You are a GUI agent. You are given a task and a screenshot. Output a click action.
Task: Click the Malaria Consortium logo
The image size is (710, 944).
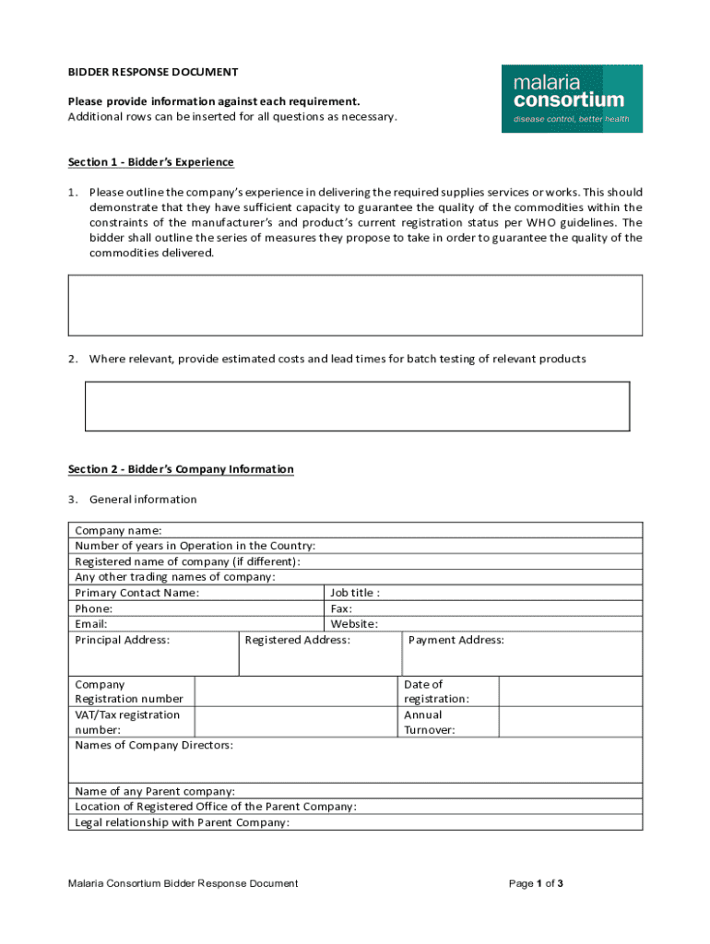point(572,99)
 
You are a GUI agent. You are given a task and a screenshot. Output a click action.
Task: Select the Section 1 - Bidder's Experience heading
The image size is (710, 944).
point(151,162)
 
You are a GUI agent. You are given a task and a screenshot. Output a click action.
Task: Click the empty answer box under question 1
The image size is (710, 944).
point(355,305)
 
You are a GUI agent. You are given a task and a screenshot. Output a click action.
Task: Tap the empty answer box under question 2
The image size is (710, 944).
point(357,407)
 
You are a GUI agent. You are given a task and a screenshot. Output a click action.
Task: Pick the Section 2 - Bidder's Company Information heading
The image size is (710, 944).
point(181,469)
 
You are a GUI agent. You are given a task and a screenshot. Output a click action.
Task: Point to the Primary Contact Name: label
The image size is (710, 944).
point(136,593)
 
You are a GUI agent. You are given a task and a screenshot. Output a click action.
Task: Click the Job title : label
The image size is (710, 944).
point(355,593)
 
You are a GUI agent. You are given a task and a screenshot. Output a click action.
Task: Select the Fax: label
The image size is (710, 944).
point(341,608)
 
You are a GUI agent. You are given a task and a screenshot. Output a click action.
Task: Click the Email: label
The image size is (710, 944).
point(91,624)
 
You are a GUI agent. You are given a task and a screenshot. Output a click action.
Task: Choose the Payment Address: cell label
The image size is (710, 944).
point(456,640)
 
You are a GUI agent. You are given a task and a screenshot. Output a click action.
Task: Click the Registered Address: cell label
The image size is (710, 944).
point(298,640)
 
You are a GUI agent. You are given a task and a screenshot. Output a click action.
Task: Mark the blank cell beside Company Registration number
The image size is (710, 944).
point(296,691)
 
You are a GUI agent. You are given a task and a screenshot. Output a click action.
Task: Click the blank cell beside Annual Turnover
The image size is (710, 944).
point(570,722)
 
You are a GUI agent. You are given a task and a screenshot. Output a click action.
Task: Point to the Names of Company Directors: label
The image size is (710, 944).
point(154,745)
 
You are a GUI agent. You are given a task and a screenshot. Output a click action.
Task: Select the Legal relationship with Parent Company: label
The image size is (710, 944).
point(183,822)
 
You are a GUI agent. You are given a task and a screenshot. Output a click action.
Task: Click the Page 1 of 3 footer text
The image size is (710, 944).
point(536,883)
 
